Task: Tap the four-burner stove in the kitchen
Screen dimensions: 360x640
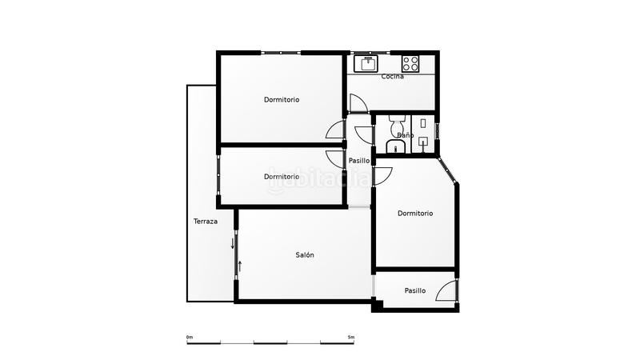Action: (x=410, y=63)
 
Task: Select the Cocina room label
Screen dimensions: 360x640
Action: (x=393, y=77)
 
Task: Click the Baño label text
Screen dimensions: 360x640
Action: (x=405, y=135)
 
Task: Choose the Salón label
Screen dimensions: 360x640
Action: (x=304, y=255)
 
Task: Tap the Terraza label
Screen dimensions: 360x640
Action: (x=206, y=222)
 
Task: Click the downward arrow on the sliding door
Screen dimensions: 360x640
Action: (x=233, y=242)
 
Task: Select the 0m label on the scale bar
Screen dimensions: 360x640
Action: (x=190, y=337)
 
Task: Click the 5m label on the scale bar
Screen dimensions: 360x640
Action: (x=351, y=337)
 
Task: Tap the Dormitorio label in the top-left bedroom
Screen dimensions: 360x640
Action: (x=282, y=100)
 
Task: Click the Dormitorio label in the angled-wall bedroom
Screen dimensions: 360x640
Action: (x=415, y=214)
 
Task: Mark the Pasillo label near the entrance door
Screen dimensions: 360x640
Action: (x=415, y=291)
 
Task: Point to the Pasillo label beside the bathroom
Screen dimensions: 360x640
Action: (x=359, y=161)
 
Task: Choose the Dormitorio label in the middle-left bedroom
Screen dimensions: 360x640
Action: (x=282, y=177)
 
